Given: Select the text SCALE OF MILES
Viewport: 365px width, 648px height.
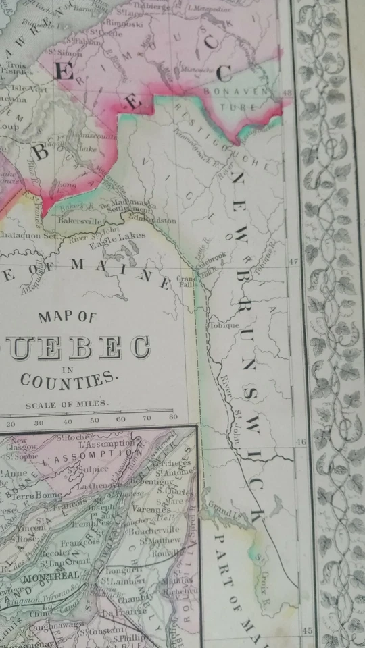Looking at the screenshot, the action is click(66, 406).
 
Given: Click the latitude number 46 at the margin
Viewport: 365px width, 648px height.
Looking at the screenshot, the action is click(302, 442).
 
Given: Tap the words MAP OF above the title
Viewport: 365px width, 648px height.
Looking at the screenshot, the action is click(68, 317).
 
